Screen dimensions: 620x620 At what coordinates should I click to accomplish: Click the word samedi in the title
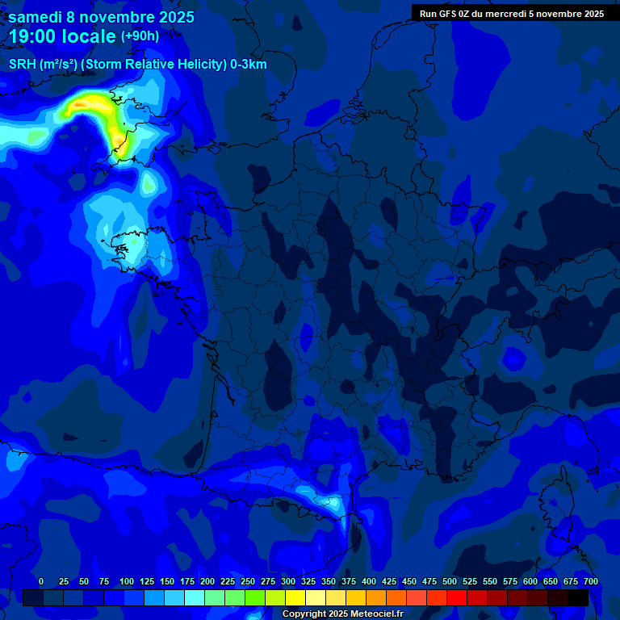tap(36, 17)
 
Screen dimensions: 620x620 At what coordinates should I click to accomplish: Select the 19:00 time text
tap(36, 36)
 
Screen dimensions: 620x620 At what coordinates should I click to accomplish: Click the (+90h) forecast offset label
tap(140, 36)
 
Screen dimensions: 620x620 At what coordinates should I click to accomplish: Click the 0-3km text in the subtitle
tap(249, 65)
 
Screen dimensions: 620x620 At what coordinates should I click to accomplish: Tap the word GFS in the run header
tap(456, 13)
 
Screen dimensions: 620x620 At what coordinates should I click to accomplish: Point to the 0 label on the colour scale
tap(41, 581)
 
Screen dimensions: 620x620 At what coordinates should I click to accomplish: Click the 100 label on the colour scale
tap(127, 581)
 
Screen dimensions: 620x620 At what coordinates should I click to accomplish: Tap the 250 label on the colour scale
tap(248, 581)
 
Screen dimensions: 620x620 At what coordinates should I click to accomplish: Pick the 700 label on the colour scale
tap(590, 581)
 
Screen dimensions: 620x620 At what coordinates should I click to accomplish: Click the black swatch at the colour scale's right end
tap(577, 597)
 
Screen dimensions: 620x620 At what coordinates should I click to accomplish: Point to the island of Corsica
tap(559, 500)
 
